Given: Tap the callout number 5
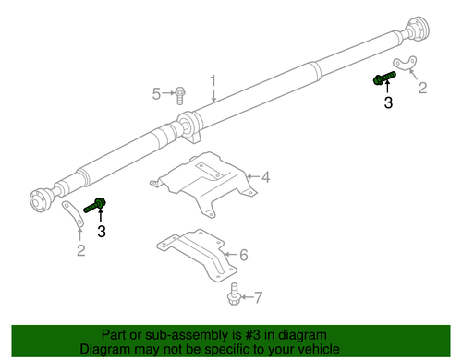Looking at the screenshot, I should point(158,92).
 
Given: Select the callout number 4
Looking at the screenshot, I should point(264,177).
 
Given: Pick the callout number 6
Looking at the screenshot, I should point(243,255).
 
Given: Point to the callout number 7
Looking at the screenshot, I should point(258,297).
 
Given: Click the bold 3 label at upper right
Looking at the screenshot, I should point(388,103).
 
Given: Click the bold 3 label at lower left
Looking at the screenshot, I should point(102,230).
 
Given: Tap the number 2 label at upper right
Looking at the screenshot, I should point(422,89).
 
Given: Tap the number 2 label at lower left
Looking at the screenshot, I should point(80,250).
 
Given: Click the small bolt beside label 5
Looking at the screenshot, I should point(181,92).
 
